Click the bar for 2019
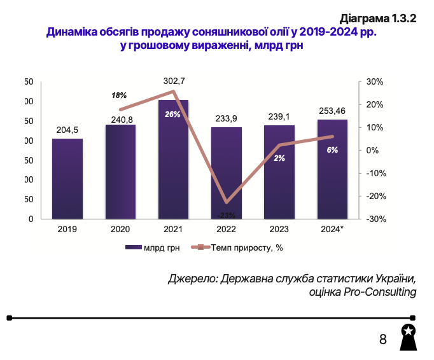(67, 179)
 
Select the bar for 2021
(173, 159)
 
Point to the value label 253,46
(332, 110)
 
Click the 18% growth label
(119, 95)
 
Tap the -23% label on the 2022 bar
(227, 214)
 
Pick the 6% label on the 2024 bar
(332, 150)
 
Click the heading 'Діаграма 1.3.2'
(378, 18)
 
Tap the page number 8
(383, 339)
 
